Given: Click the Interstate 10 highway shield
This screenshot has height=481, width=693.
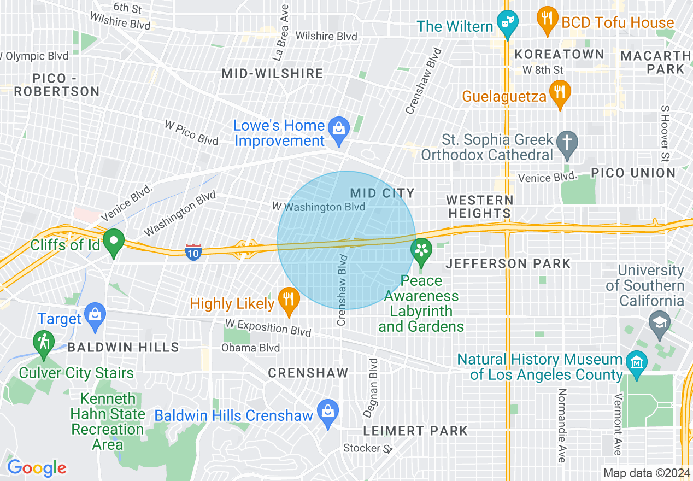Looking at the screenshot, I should click(x=193, y=253).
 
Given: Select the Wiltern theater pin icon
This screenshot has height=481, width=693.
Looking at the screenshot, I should click(x=508, y=23).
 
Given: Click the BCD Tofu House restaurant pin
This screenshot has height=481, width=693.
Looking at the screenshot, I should click(x=547, y=19).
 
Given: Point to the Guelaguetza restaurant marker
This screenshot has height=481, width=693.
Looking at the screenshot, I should click(x=559, y=93).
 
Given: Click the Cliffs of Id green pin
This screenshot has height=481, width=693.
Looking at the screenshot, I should click(x=113, y=242).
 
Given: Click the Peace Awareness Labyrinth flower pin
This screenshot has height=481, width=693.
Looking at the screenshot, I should click(x=421, y=251).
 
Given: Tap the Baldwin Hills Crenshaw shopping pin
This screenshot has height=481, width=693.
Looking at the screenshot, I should click(x=328, y=413).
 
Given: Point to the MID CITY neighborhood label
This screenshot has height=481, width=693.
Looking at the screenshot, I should click(x=382, y=193).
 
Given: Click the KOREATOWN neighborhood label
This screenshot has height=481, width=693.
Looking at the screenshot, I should click(x=560, y=54).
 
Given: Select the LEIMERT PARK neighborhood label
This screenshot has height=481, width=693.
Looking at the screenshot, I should click(x=415, y=431).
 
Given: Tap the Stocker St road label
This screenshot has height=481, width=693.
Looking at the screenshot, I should click(x=368, y=449).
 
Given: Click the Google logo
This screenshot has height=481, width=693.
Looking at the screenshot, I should click(x=37, y=468).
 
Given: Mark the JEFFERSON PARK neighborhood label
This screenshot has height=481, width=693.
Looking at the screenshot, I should click(x=508, y=264).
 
